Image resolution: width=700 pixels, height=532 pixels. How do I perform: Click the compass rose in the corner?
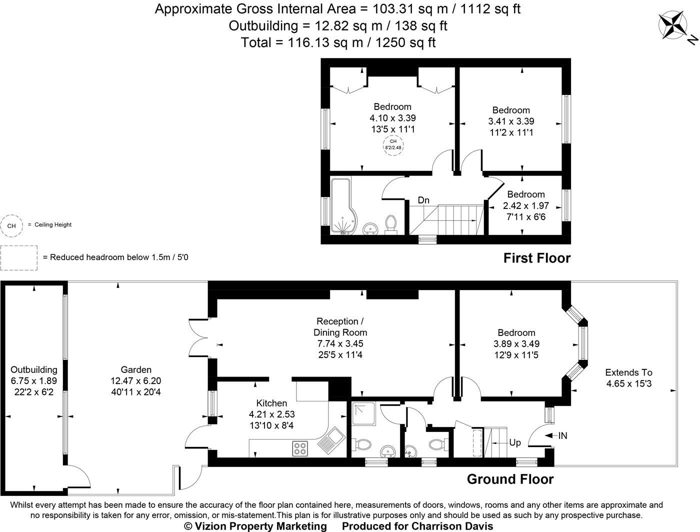click(674, 25)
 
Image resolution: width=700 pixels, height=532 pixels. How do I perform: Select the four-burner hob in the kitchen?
click(300, 448)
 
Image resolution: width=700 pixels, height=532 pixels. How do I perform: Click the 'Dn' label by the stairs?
click(423, 200)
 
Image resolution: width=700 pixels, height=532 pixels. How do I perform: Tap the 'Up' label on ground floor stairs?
click(514, 442)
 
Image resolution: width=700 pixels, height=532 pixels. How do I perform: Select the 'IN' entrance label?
click(562, 436)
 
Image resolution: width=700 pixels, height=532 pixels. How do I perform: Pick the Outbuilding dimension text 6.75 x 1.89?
click(34, 381)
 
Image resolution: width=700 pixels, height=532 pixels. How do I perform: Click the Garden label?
click(136, 369)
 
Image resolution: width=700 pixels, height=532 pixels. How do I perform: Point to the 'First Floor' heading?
click(536, 258)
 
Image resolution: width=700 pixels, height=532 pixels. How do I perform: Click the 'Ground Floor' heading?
click(510, 479)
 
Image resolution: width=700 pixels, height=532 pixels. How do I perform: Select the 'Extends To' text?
click(628, 372)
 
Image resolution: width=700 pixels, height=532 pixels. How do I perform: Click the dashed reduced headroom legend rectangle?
click(19, 257)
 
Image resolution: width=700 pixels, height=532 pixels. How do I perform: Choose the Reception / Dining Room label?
click(340, 327)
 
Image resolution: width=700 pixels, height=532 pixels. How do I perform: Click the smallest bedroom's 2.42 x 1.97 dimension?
click(525, 205)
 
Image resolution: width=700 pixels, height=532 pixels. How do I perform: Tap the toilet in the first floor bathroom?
click(391, 223)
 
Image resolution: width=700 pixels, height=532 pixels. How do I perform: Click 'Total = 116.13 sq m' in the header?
click(338, 42)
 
